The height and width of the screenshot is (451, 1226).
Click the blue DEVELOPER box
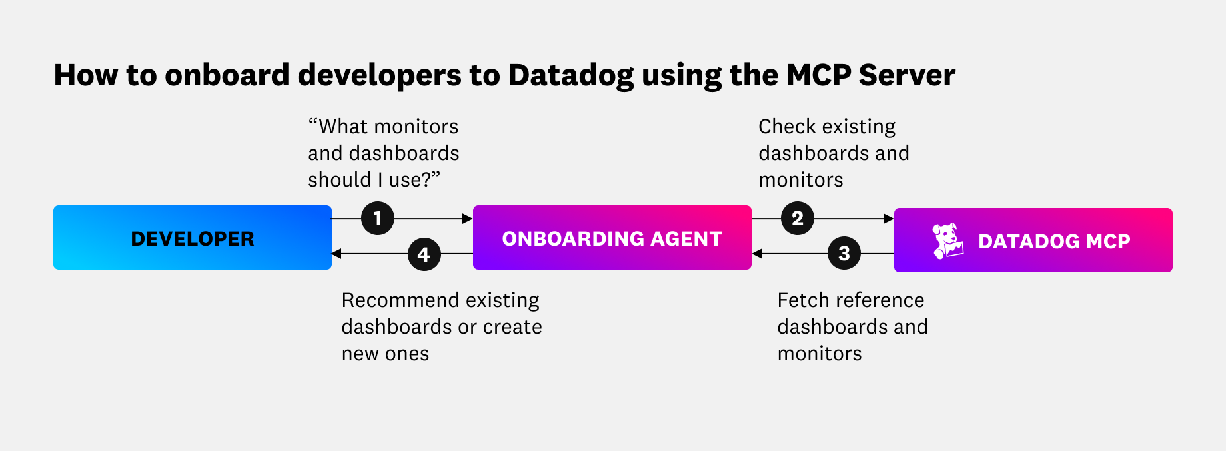(192, 238)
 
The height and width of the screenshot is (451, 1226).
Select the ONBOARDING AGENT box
(612, 238)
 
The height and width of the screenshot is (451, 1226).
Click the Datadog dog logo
(947, 241)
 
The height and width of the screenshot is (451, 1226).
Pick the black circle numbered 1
(378, 219)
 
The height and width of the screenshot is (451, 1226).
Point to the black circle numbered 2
(798, 219)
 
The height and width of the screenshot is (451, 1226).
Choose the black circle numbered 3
(844, 254)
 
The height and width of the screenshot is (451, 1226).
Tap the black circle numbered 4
(424, 254)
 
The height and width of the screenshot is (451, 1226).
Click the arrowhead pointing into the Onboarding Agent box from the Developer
(468, 219)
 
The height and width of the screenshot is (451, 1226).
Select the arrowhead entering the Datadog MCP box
(889, 219)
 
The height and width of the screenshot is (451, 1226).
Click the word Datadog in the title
(571, 75)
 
